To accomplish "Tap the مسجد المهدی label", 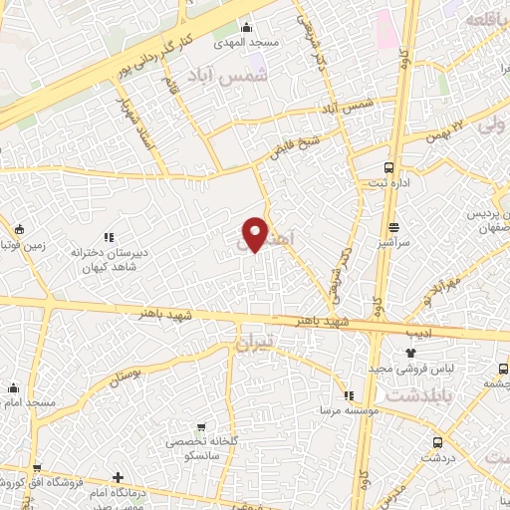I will [x=245, y=43].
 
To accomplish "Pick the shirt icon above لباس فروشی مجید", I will [x=411, y=353].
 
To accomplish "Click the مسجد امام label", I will [x=29, y=402].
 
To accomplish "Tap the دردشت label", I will [x=436, y=458].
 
